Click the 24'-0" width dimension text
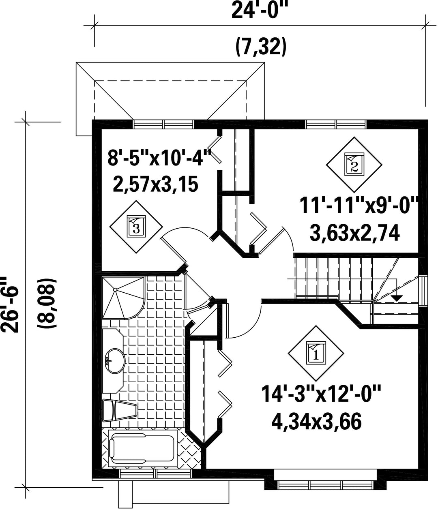260,11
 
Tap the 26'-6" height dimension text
9,305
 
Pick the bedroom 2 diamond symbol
354,165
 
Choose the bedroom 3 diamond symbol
136,227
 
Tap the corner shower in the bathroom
123,298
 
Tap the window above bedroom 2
336,124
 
